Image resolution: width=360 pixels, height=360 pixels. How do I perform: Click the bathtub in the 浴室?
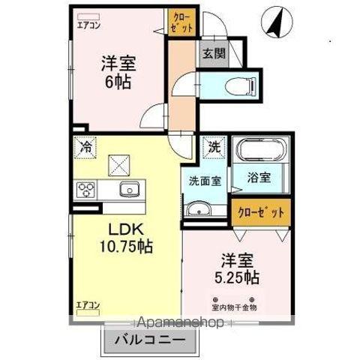(x=258, y=152)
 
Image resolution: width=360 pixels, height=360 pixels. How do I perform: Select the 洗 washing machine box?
(x=214, y=147)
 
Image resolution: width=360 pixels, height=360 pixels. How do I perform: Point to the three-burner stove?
(x=85, y=189)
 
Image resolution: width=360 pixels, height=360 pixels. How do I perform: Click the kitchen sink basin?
(x=127, y=189)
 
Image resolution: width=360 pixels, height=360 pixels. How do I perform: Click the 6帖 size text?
(x=118, y=80)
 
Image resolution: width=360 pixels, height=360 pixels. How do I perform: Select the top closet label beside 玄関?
(x=182, y=21)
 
